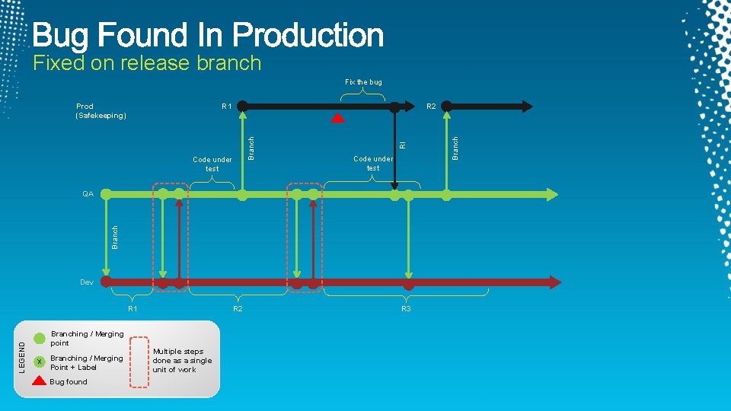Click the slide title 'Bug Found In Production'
208,35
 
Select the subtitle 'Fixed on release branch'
147,63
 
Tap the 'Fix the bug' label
363,81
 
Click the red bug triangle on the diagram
337,118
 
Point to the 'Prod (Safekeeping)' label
101,111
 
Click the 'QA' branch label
88,194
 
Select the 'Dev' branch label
87,282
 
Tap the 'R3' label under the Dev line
406,309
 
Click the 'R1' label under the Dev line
132,309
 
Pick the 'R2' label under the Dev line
238,309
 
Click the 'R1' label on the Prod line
227,107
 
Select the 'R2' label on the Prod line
431,107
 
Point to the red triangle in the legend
40,381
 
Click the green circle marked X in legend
40,361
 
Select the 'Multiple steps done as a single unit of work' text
182,361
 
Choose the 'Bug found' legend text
69,382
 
